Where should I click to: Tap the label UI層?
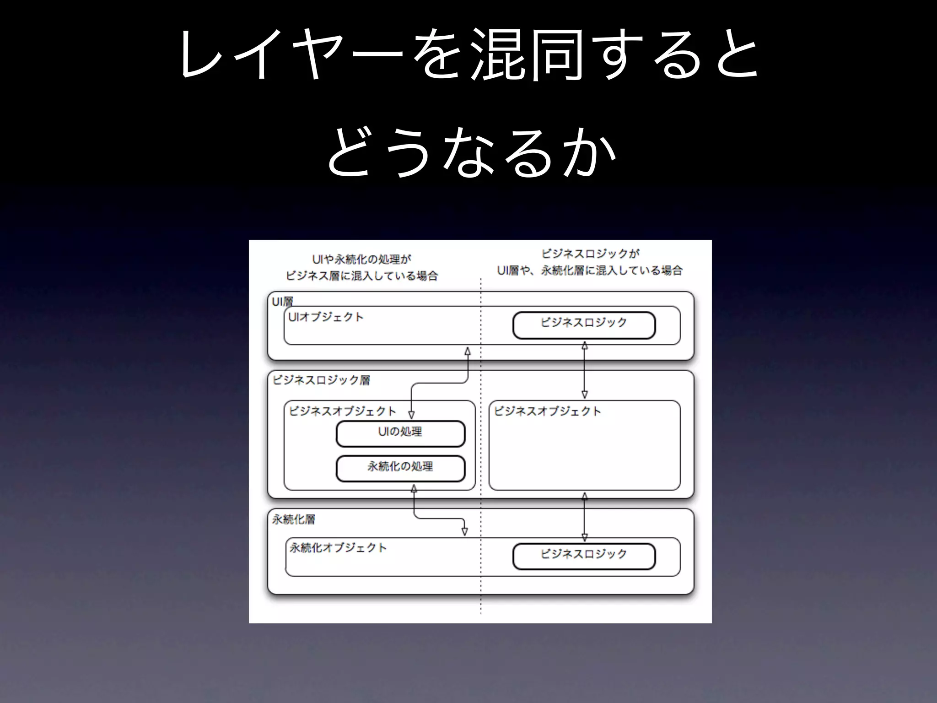282,302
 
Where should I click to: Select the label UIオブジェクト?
326,317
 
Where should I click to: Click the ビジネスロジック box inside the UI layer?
584,325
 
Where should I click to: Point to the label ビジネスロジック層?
321,380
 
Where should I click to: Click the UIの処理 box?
400,433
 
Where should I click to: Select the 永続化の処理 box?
400,468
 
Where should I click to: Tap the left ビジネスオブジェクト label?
342,411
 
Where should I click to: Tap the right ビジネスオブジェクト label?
547,411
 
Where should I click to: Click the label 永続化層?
294,519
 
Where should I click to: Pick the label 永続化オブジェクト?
338,548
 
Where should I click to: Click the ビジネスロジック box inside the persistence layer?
584,556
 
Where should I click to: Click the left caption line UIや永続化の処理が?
361,260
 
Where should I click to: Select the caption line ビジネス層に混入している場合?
361,276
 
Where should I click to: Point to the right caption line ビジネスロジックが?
590,254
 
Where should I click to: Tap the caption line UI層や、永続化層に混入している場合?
590,270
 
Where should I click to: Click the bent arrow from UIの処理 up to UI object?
439,383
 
